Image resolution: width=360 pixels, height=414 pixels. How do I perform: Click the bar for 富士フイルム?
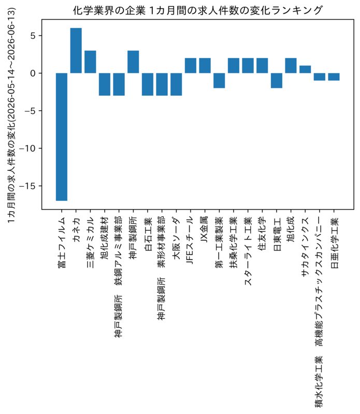[x=62, y=137]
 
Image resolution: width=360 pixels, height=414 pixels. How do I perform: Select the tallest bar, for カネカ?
[x=76, y=50]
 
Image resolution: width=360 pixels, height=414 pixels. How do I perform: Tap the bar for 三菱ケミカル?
[x=90, y=62]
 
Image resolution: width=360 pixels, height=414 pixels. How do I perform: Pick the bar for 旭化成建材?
[x=105, y=84]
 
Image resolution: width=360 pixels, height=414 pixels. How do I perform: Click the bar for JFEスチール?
[x=191, y=66]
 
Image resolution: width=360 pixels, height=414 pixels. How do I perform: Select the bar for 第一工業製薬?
[x=219, y=81]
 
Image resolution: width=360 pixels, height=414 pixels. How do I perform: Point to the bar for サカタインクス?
[x=305, y=69]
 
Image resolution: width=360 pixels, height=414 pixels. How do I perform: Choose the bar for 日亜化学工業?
[x=334, y=77]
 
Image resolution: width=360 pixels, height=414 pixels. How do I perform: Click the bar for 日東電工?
[x=277, y=81]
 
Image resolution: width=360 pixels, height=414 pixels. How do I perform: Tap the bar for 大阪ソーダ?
[x=176, y=84]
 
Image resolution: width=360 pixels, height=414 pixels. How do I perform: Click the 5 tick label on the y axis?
[x=33, y=36]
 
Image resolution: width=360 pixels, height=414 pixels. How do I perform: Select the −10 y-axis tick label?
[x=27, y=149]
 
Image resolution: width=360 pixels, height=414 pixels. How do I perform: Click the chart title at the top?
[x=198, y=10]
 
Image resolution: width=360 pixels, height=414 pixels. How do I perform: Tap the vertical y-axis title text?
[x=11, y=115]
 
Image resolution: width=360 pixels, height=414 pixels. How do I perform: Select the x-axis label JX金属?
[x=204, y=229]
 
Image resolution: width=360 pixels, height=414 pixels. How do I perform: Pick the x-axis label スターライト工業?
[x=248, y=252]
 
